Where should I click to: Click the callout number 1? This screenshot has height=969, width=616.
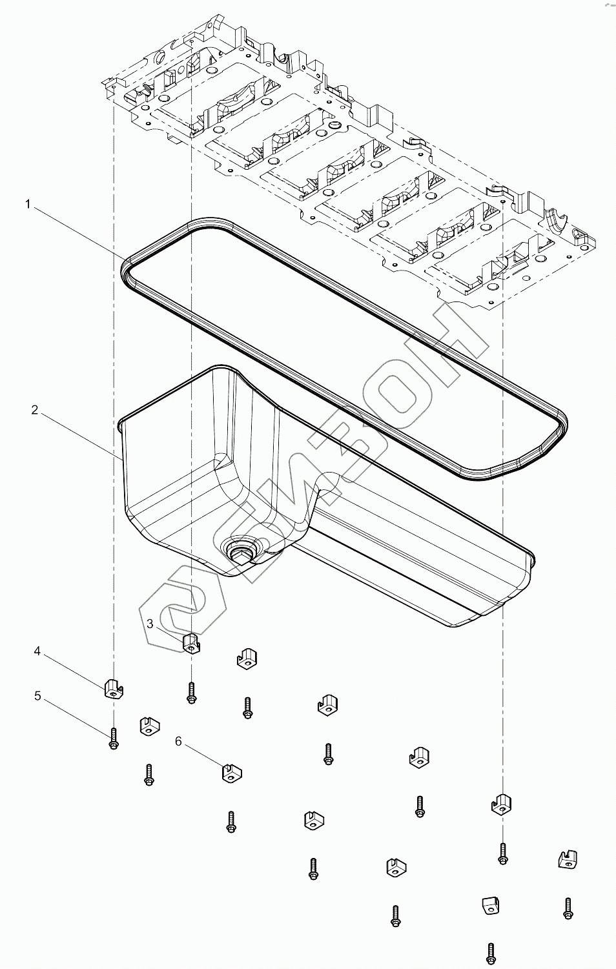[28, 205]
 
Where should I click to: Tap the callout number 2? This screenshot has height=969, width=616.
[34, 410]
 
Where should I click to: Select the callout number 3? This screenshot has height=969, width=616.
[150, 624]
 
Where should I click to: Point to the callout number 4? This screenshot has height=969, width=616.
[37, 651]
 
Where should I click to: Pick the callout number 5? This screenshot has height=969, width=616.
[37, 696]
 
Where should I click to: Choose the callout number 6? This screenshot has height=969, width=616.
[179, 741]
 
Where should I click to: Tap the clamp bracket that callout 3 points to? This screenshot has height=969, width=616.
[190, 642]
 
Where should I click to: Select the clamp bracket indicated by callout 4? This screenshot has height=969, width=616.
[114, 689]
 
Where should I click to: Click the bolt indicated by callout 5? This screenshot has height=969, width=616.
[114, 738]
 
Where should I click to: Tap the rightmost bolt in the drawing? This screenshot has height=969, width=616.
[568, 907]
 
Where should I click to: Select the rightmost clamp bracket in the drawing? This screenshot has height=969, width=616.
[567, 859]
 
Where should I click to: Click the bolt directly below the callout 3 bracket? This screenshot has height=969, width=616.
[190, 693]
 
